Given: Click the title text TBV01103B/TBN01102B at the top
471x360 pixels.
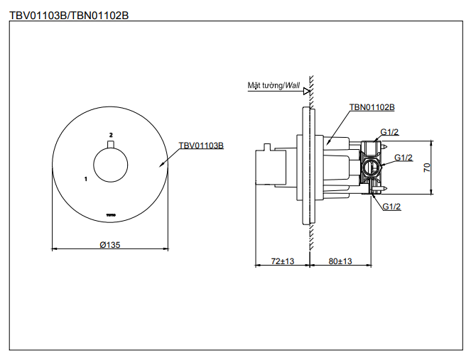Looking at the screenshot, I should point(69,14).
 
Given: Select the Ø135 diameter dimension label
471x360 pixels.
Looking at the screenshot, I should point(110,244).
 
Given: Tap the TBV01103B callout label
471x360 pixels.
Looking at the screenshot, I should point(201,145).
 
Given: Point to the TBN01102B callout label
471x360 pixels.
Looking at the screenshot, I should point(372,107).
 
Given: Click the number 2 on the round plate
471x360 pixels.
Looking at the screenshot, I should point(111,133).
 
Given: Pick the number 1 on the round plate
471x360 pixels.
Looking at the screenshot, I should point(85,179).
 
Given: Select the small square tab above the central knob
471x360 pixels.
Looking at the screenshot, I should point(111,146).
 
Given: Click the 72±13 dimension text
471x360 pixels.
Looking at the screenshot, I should point(283,261).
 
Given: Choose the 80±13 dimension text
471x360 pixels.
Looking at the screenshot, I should point(340,261).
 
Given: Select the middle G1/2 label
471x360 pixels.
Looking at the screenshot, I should point(404,158).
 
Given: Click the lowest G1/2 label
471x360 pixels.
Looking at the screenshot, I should point(392,207).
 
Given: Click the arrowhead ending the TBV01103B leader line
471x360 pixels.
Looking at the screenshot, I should point(164,165).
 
